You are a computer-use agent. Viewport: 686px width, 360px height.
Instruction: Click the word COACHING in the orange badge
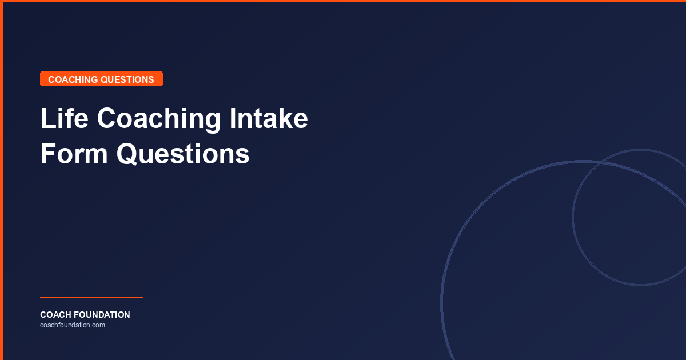[73, 79]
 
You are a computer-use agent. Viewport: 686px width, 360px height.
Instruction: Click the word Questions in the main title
[183, 154]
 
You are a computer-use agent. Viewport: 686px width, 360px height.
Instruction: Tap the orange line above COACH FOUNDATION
[91, 298]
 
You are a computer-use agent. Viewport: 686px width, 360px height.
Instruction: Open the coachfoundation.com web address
[73, 325]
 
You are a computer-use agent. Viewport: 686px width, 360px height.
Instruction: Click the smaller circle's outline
[573, 217]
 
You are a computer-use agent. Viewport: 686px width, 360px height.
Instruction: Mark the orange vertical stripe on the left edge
[2, 180]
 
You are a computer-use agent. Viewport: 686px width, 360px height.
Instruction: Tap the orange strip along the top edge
[343, 1]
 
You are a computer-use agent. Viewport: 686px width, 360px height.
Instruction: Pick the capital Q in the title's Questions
[128, 154]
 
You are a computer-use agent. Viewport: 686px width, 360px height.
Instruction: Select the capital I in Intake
[233, 119]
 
